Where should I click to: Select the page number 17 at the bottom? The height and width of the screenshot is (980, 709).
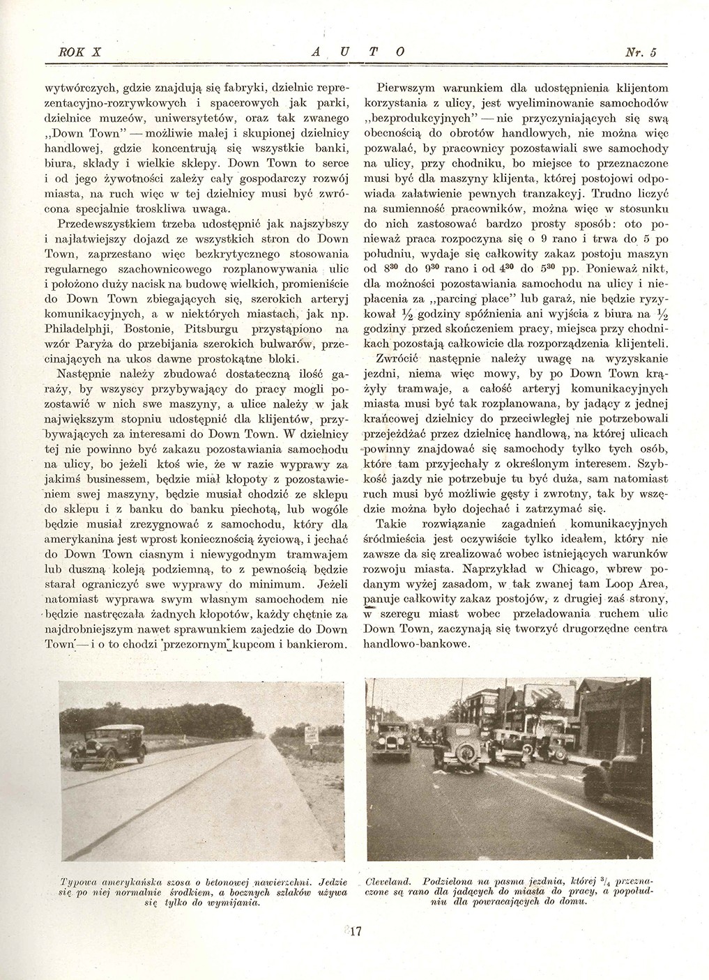click(x=354, y=931)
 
